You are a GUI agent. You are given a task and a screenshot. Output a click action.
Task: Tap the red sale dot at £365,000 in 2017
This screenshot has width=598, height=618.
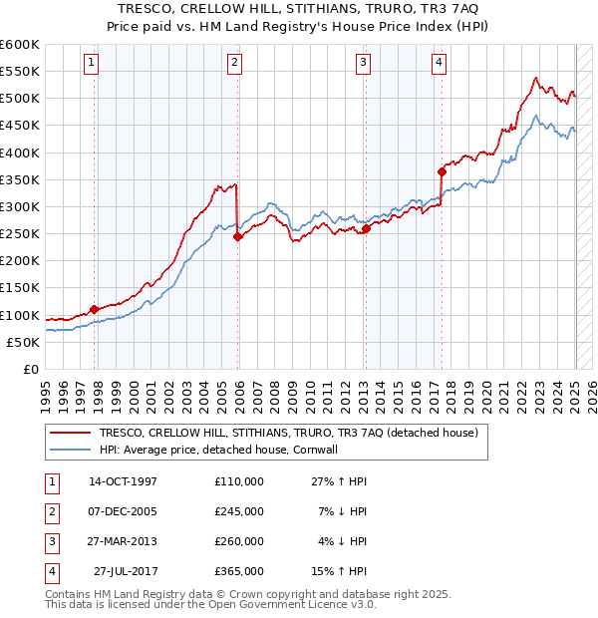(x=442, y=171)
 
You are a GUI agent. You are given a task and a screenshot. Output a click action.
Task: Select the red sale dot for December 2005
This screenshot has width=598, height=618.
(x=237, y=236)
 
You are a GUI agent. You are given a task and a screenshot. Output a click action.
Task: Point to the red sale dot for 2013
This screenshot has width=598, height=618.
(x=366, y=228)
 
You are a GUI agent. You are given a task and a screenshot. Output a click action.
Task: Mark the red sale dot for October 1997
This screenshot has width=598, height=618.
(x=94, y=309)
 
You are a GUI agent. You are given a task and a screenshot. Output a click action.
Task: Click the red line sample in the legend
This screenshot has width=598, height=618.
(x=70, y=433)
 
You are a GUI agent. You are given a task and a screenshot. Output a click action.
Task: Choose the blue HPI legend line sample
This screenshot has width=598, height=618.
(x=70, y=450)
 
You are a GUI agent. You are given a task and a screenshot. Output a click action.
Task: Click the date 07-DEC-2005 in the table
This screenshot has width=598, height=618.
(x=123, y=511)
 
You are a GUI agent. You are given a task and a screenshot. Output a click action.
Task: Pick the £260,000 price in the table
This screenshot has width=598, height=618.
(x=238, y=541)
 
